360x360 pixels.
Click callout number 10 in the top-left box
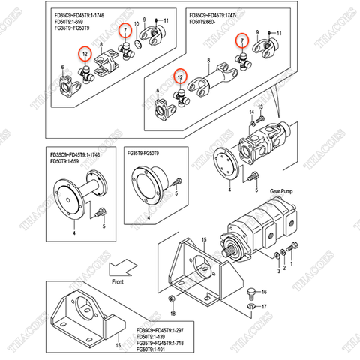[x=136, y=25]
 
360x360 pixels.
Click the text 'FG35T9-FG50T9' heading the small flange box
[x=148, y=153]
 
